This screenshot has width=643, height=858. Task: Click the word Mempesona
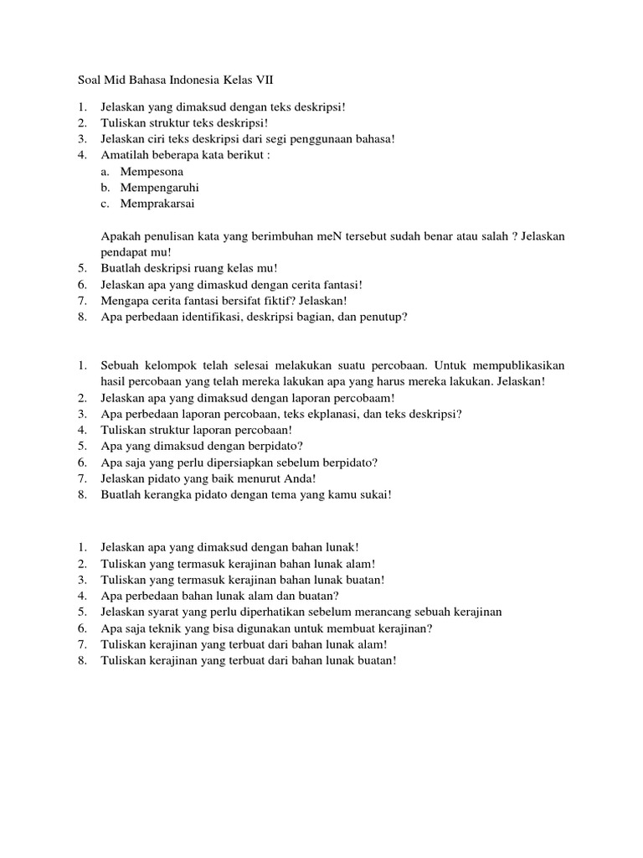(x=152, y=172)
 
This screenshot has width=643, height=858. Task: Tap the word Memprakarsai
(x=160, y=204)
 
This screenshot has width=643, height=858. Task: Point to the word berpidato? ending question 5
(x=274, y=446)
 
